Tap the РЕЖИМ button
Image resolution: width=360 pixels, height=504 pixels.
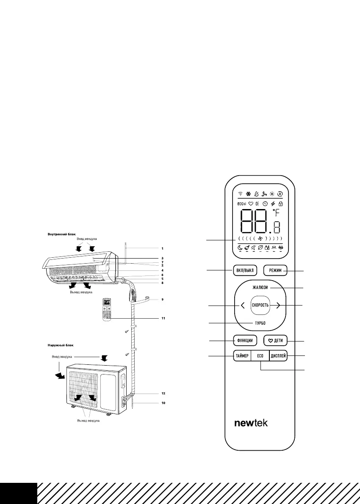[x=275, y=270]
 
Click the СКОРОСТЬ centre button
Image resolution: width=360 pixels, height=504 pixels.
[x=260, y=305]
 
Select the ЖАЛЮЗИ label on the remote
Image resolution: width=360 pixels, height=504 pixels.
[x=260, y=288]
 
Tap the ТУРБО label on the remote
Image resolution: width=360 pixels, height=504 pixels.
[x=260, y=323]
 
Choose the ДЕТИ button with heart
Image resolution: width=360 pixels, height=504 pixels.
[x=275, y=340]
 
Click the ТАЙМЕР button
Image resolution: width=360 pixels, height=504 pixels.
[x=242, y=356]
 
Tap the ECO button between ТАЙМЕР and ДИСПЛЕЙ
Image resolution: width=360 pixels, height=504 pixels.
[x=260, y=356]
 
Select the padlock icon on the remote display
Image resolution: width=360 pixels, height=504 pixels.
[x=280, y=204]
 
